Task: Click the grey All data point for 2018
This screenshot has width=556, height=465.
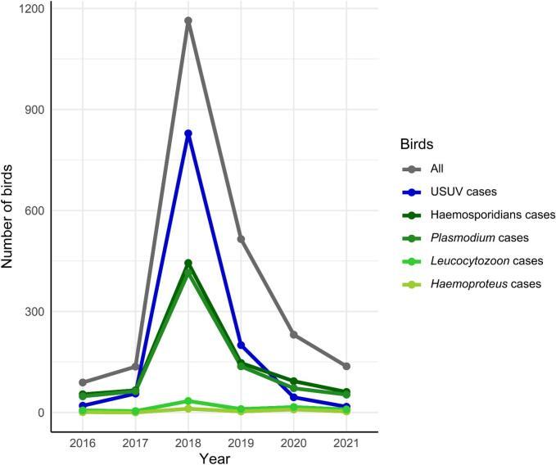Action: [188, 21]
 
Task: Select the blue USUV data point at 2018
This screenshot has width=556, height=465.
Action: [188, 133]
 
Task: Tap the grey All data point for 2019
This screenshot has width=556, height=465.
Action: [241, 239]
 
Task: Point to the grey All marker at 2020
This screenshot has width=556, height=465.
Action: [293, 334]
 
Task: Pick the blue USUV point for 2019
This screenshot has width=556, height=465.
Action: [241, 345]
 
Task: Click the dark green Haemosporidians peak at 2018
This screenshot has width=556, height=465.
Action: [188, 263]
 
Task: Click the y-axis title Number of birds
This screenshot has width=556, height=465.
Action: [11, 210]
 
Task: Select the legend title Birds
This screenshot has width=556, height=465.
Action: [416, 142]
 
